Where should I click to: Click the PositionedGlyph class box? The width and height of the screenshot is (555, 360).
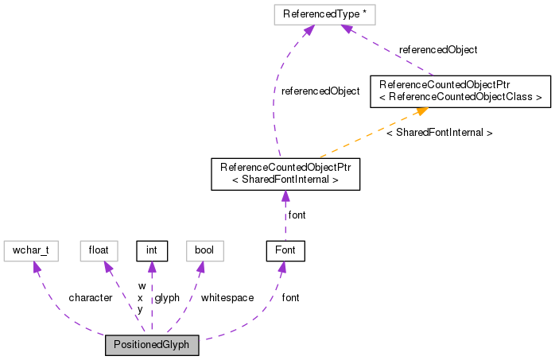[x=152, y=346]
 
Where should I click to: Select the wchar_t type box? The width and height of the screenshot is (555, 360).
[x=30, y=252]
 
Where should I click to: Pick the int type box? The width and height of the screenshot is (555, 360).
[x=152, y=252]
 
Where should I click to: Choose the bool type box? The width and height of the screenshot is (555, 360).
[x=204, y=252]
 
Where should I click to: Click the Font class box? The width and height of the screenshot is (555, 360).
[x=285, y=252]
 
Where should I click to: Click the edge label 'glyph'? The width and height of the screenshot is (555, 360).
[x=167, y=298]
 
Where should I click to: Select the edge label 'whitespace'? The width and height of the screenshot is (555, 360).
[x=227, y=298]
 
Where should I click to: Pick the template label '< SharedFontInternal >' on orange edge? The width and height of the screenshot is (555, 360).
[x=439, y=133]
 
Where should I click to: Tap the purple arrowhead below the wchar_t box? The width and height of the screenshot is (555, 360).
[x=34, y=268]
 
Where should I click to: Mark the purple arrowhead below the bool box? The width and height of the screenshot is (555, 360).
[x=200, y=268]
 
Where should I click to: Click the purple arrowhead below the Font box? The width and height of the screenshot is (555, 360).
[x=281, y=269]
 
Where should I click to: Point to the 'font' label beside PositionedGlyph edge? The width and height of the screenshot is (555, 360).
[x=291, y=298]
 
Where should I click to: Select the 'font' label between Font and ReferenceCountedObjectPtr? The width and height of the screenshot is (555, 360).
[x=297, y=215]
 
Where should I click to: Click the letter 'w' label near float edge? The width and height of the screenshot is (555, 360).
[x=142, y=285]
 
